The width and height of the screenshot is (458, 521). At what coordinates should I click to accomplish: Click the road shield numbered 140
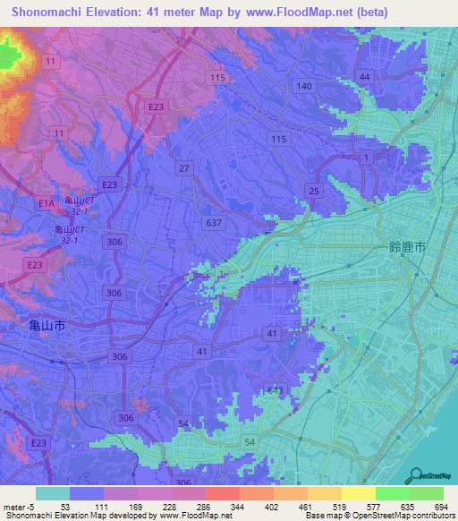point(305,86)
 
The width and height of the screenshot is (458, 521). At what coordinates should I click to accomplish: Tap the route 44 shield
point(363,78)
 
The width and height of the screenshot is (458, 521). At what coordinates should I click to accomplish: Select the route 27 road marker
point(184,168)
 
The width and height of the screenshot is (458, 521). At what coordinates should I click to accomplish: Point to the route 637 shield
point(213,223)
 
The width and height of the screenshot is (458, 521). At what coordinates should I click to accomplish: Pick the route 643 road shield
point(276,390)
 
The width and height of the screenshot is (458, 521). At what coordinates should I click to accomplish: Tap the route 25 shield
point(313,191)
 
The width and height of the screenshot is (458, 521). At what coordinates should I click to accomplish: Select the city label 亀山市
point(42,328)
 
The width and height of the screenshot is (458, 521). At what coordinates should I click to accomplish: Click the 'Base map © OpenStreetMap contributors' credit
point(378,517)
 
